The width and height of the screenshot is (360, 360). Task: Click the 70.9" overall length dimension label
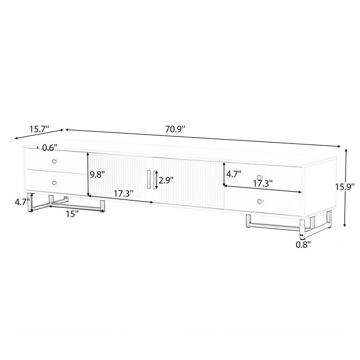[175, 129]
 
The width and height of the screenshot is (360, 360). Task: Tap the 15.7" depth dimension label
[39, 129]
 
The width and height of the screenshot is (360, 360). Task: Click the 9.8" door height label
[97, 175]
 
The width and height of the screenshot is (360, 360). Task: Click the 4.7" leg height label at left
[22, 202]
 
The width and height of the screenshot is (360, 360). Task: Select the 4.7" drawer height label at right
[234, 173]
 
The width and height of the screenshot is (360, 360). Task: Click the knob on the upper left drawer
[55, 162]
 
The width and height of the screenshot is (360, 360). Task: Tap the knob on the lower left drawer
[55, 182]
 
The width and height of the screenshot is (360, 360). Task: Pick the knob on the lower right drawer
[260, 201]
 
